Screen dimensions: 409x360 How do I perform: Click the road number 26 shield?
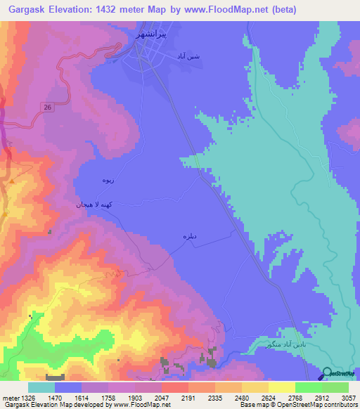(x=47, y=106)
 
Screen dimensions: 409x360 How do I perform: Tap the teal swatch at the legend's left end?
(x=41, y=387)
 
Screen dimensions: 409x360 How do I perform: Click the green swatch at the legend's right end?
(x=335, y=387)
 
